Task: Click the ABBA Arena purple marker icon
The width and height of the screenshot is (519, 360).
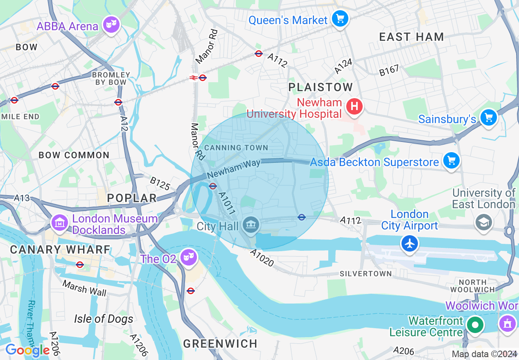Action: [x=111, y=25]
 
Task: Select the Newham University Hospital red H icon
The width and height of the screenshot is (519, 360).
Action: [x=354, y=107]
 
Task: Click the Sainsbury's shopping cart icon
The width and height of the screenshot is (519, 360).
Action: [x=488, y=117]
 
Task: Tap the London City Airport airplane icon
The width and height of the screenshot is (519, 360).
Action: [x=409, y=243]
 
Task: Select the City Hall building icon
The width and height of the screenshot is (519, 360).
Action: [x=250, y=224]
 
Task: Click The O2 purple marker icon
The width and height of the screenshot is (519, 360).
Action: [x=188, y=257]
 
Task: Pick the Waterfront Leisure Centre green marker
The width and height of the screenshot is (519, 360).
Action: [x=475, y=326]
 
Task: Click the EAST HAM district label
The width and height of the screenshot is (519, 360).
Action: [x=411, y=37]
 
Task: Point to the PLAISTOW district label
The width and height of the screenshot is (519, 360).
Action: [x=320, y=87]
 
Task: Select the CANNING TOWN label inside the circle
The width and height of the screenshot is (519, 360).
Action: [x=236, y=148]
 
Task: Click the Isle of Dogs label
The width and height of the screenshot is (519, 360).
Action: [x=104, y=319]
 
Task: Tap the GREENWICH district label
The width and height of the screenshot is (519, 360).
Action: [x=220, y=344]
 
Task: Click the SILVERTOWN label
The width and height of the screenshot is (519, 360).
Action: [x=366, y=273]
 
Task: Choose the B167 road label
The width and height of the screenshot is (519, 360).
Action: [x=388, y=70]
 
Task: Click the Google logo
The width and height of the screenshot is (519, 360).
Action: [x=27, y=350]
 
